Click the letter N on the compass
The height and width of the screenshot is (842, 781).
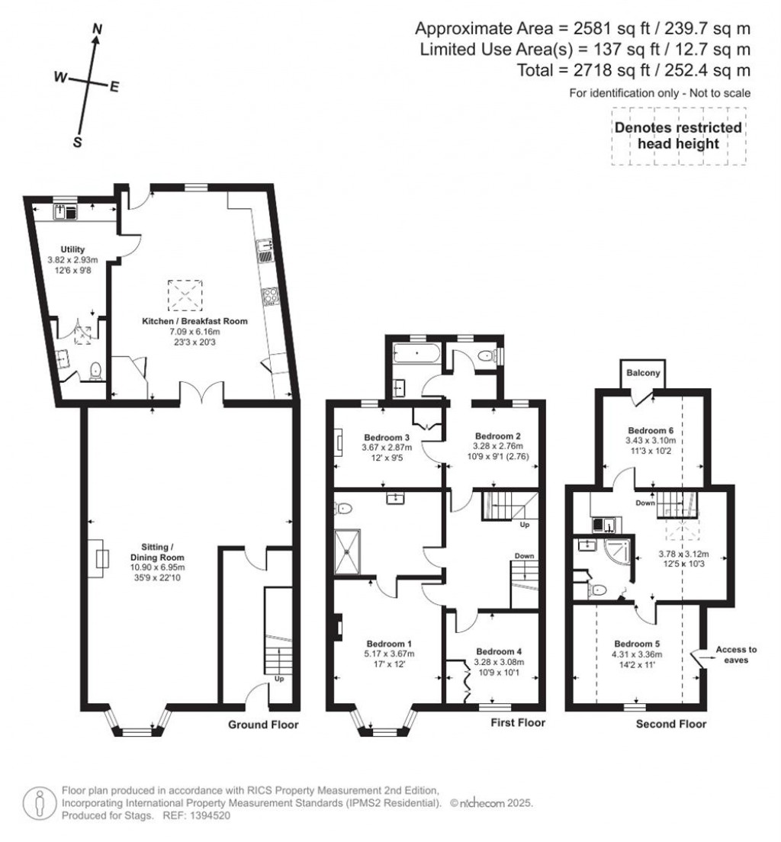(x=97, y=29)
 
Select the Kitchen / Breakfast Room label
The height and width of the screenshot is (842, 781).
(x=194, y=321)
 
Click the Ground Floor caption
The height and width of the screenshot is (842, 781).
(x=263, y=725)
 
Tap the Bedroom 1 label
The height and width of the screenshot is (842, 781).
(x=389, y=642)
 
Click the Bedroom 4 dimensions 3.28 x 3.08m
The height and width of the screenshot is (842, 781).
(x=500, y=662)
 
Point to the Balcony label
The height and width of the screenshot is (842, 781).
(x=644, y=374)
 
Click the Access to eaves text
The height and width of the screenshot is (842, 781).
(x=736, y=655)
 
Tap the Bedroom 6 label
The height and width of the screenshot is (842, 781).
(x=651, y=430)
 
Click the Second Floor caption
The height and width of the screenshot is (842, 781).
(x=671, y=724)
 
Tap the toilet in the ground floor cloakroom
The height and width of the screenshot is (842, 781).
(x=96, y=371)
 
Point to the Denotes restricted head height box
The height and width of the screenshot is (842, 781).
(x=678, y=136)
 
